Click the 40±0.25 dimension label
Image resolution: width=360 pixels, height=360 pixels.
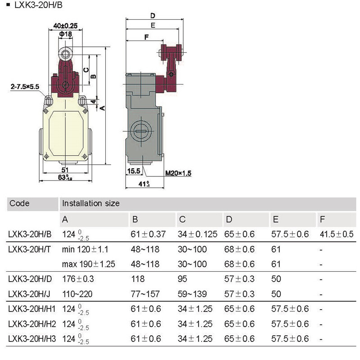[65, 26]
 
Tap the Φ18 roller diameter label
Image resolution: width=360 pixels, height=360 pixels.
[65, 34]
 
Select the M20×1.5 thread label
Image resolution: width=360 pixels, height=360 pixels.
[178, 173]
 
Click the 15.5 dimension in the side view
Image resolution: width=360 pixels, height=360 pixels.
[134, 171]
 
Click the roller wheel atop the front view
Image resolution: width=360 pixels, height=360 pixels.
[66, 55]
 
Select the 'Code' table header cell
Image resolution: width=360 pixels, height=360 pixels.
[19, 203]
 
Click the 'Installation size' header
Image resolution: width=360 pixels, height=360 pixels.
[91, 203]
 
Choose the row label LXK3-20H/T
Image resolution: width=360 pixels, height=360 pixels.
[30, 249]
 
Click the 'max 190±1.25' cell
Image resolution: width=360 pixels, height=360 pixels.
[89, 264]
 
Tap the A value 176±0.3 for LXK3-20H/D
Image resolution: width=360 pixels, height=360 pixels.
[78, 279]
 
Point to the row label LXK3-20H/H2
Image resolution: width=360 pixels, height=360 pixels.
[31, 324]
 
